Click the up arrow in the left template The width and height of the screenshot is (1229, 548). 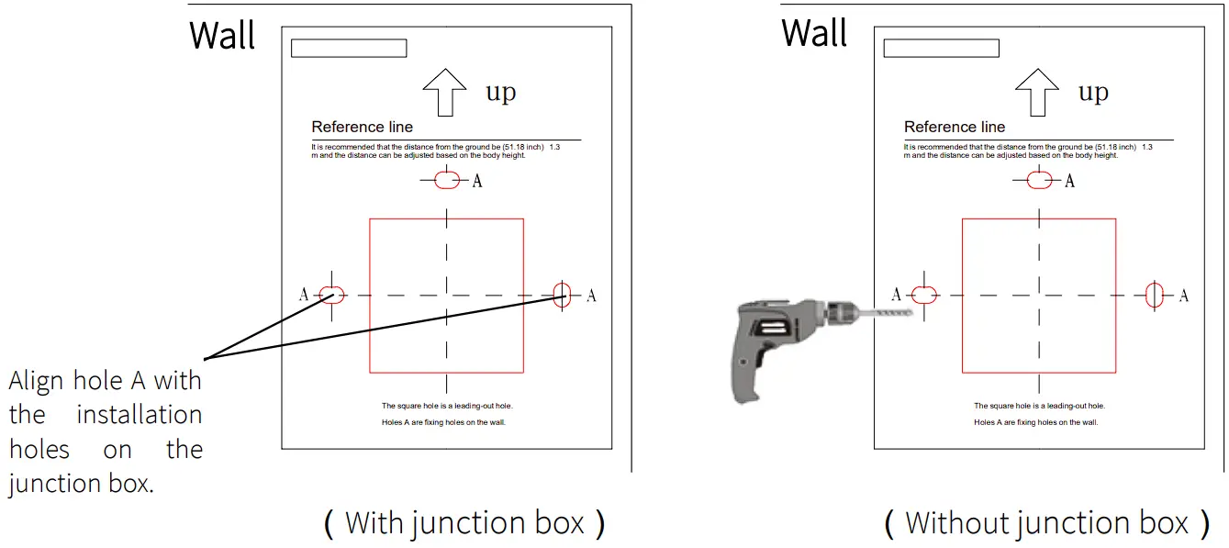[x=445, y=92]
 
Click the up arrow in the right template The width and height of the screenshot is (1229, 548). [x=1037, y=92]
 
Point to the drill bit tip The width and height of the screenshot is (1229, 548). [x=912, y=314]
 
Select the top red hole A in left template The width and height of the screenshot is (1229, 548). [x=447, y=181]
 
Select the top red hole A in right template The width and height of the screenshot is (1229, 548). [x=1039, y=181]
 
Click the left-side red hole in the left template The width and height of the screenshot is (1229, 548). [x=331, y=295]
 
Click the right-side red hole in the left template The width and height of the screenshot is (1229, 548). [x=563, y=296]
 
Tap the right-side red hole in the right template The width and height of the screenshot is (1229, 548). [x=1155, y=295]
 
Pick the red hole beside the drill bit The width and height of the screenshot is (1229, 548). [x=923, y=295]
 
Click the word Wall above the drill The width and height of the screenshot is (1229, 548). [x=814, y=34]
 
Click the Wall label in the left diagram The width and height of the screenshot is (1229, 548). [x=222, y=36]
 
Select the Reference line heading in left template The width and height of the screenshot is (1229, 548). [x=363, y=127]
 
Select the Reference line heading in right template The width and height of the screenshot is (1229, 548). [x=955, y=127]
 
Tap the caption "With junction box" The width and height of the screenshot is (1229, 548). [x=464, y=523]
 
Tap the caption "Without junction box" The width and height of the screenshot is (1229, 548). [x=1046, y=523]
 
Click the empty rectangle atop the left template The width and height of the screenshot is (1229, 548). [x=349, y=49]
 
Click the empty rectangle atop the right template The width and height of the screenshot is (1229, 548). [x=941, y=49]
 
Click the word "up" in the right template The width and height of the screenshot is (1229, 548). [x=1092, y=93]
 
